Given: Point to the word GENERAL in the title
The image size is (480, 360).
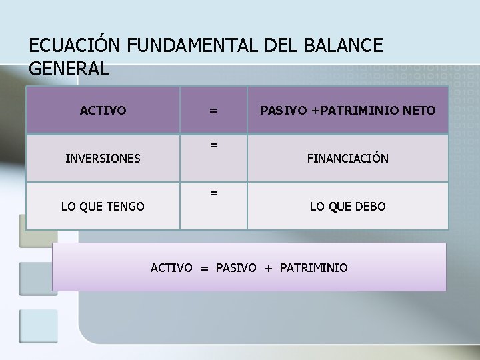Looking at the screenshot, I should click(69, 69).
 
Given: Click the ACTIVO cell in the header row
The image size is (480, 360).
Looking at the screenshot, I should click(103, 109).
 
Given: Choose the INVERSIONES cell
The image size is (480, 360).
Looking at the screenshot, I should click(103, 159).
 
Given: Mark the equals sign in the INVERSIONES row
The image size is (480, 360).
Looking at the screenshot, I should click(213, 144).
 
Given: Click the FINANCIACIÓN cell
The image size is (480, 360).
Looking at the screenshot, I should click(347, 159).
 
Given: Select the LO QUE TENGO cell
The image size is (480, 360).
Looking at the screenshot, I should click(103, 207).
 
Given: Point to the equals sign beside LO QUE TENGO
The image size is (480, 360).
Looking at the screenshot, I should click(213, 193).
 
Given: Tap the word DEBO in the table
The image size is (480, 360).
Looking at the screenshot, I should click(370, 207).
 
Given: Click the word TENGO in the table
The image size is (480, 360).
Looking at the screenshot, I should click(127, 207).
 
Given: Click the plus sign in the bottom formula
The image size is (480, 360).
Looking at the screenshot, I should click(268, 268).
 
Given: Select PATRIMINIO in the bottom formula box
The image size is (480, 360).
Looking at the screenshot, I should click(314, 268).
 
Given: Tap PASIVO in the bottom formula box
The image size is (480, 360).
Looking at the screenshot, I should click(236, 268).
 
